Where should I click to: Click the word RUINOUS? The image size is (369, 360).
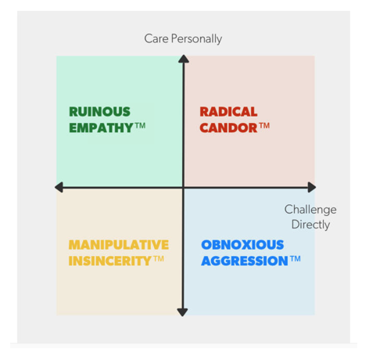pyautogui.click(x=99, y=112)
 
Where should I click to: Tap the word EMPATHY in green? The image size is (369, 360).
pyautogui.click(x=101, y=128)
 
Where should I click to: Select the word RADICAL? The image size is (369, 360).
pyautogui.click(x=228, y=112)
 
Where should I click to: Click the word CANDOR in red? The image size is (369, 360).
pyautogui.click(x=228, y=128)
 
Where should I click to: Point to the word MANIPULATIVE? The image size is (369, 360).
pyautogui.click(x=119, y=245)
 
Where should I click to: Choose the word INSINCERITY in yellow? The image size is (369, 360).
pyautogui.click(x=109, y=261)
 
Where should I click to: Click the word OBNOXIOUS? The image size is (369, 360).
pyautogui.click(x=242, y=245)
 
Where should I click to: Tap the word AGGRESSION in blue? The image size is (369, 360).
pyautogui.click(x=245, y=261)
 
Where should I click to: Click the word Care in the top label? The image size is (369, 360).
pyautogui.click(x=156, y=38)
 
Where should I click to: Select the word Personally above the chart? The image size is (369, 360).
pyautogui.click(x=196, y=39)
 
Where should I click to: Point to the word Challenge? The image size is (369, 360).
pyautogui.click(x=310, y=210)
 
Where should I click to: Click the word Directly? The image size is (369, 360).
pyautogui.click(x=310, y=225)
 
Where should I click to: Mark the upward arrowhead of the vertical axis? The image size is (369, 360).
pyautogui.click(x=184, y=59)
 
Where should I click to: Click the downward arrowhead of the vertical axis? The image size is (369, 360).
pyautogui.click(x=182, y=312)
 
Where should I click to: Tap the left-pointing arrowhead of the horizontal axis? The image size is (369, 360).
pyautogui.click(x=59, y=187)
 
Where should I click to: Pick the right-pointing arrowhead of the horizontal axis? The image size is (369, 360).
pyautogui.click(x=312, y=187)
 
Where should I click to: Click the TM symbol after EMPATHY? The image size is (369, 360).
pyautogui.click(x=140, y=126)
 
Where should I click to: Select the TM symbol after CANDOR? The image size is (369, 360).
pyautogui.click(x=264, y=126)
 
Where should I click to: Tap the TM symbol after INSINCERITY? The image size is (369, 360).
pyautogui.click(x=159, y=259)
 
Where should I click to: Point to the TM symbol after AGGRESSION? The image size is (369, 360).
pyautogui.click(x=296, y=259)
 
